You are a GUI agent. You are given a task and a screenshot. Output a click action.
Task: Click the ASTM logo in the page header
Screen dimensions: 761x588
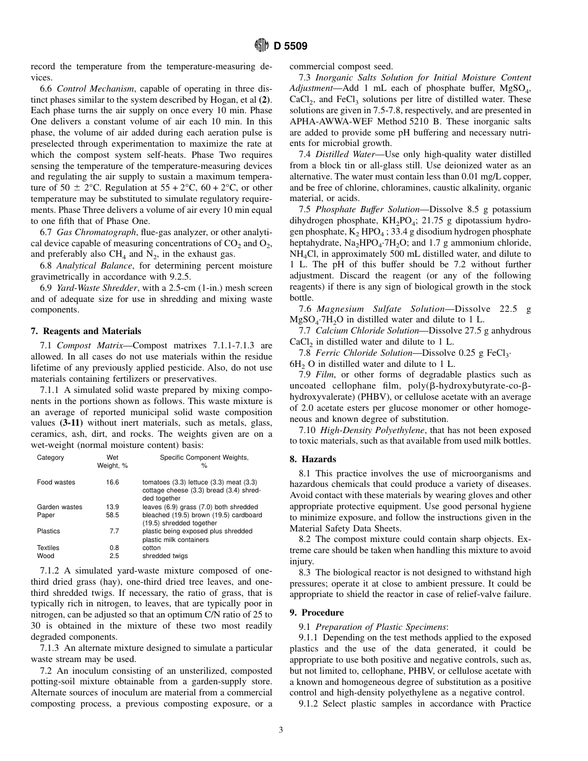click(x=261, y=46)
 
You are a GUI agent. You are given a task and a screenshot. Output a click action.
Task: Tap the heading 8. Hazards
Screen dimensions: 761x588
click(x=313, y=459)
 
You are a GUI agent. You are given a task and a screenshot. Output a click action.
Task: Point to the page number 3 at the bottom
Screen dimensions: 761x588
click(x=280, y=729)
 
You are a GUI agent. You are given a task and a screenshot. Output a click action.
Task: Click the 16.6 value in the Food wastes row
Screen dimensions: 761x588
click(x=113, y=482)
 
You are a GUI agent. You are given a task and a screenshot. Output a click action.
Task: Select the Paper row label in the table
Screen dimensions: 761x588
click(x=46, y=515)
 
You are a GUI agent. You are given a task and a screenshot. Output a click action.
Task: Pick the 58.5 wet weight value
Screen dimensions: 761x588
click(x=113, y=515)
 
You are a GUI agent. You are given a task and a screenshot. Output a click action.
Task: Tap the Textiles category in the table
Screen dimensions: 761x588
click(x=48, y=548)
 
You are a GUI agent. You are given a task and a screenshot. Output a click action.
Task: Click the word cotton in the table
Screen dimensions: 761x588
click(x=151, y=548)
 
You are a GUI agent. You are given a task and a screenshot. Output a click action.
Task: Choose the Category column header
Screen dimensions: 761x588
click(x=50, y=458)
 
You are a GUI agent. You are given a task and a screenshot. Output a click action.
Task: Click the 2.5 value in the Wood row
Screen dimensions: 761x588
click(x=114, y=556)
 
